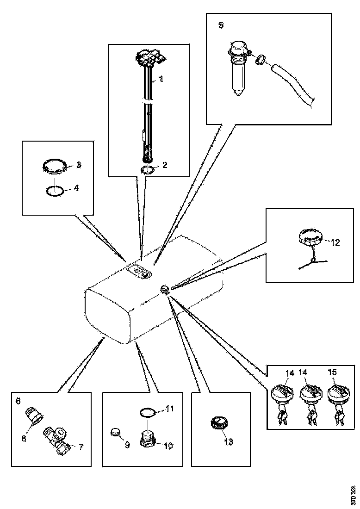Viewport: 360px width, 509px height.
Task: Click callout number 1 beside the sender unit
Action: click(161, 79)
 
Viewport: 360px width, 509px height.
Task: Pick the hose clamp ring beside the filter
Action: click(261, 59)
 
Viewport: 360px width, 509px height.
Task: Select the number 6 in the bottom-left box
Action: click(18, 401)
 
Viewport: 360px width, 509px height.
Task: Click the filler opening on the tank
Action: click(165, 289)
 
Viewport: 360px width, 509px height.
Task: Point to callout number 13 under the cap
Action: click(229, 442)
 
